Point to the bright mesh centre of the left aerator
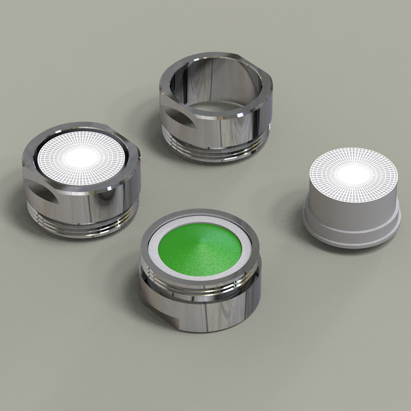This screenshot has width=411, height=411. coord(81,155)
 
